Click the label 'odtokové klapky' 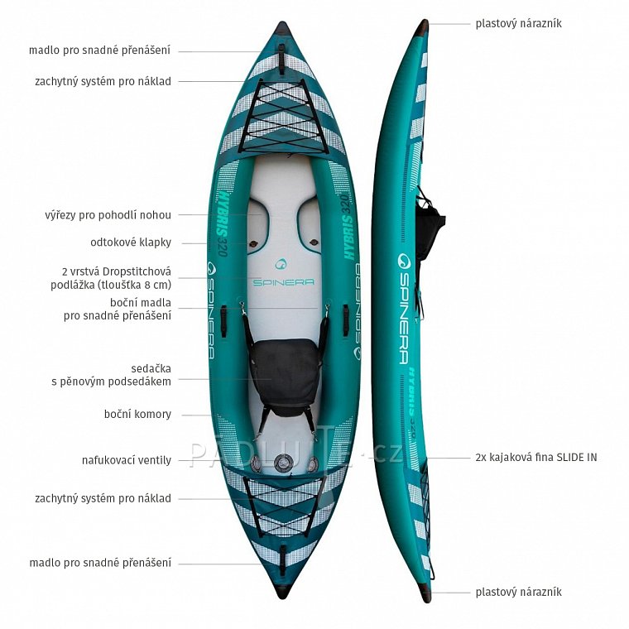pyautogui.click(x=131, y=242)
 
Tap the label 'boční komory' pyautogui.click(x=137, y=414)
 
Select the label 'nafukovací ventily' pyautogui.click(x=127, y=460)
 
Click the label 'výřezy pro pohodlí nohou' pyautogui.click(x=108, y=215)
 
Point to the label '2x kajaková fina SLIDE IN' pyautogui.click(x=536, y=458)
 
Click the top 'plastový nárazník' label pyautogui.click(x=518, y=23)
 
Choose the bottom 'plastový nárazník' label pyautogui.click(x=518, y=592)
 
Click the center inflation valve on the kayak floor pyautogui.click(x=283, y=463)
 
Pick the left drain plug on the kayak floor pyautogui.click(x=253, y=243)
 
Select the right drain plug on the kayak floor pyautogui.click(x=314, y=242)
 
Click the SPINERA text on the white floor pyautogui.click(x=283, y=282)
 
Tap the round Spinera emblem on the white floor pyautogui.click(x=283, y=264)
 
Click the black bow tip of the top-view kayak pyautogui.click(x=283, y=28)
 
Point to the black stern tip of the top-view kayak pyautogui.click(x=283, y=593)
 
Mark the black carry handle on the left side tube pyautogui.click(x=223, y=320)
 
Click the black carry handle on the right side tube pyautogui.click(x=346, y=320)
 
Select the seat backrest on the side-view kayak pyautogui.click(x=429, y=231)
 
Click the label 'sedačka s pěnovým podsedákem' pyautogui.click(x=111, y=375)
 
